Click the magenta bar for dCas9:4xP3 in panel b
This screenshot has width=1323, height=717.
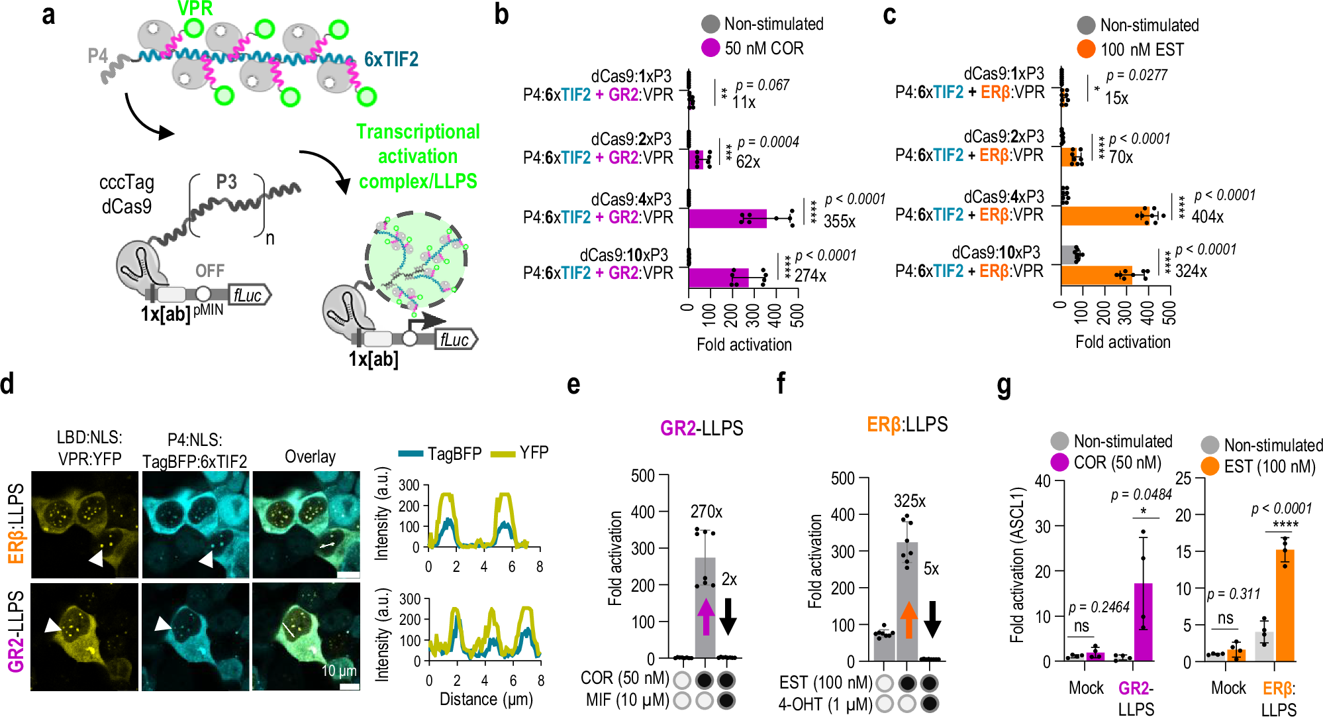point(727,219)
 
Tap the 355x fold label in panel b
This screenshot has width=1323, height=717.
point(839,221)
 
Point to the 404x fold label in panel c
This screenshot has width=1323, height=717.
point(1207,217)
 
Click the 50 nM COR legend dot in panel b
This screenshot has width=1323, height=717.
point(710,48)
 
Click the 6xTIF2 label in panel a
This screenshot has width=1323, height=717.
point(391,60)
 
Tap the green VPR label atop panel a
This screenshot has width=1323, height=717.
point(195,9)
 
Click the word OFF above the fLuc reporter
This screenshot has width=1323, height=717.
point(209,270)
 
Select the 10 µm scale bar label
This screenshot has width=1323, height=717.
point(339,671)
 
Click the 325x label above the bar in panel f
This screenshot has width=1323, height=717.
point(909,501)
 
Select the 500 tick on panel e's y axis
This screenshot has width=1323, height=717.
point(642,476)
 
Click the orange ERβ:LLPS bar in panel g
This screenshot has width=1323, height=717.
point(1285,605)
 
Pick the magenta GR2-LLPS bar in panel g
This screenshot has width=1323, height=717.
point(1143,622)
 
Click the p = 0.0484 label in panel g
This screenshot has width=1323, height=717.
point(1141,494)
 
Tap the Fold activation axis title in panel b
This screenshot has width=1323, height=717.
point(744,345)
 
